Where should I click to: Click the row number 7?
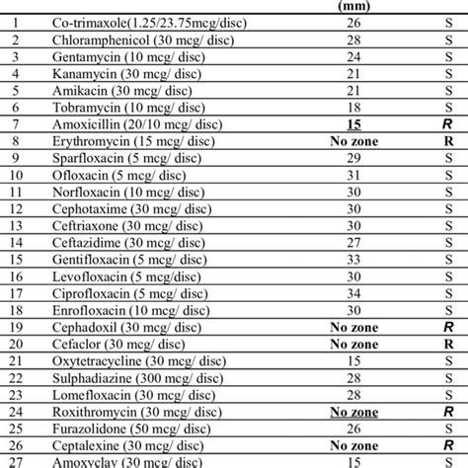15,125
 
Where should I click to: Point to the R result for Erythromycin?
449,142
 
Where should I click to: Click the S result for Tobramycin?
449,108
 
